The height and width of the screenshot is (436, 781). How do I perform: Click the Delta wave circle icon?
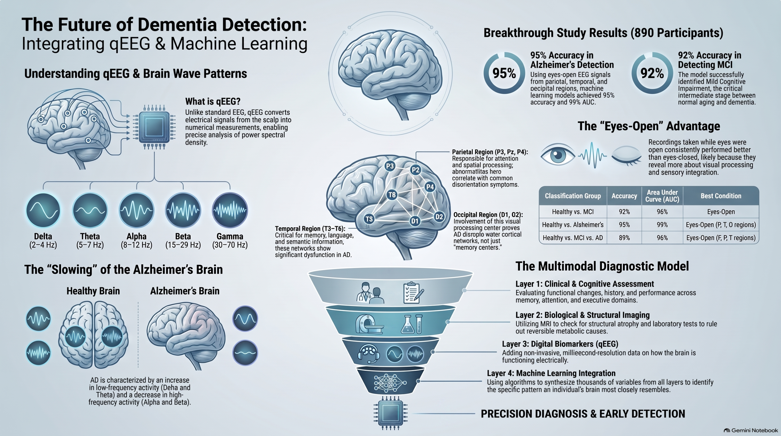(43, 211)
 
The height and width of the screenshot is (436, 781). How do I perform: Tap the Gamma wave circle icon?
(230, 211)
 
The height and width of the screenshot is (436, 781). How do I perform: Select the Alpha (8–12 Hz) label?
(136, 240)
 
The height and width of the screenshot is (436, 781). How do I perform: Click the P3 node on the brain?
(390, 166)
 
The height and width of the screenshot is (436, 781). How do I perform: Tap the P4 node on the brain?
(430, 187)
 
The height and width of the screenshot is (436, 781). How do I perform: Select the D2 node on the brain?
(439, 217)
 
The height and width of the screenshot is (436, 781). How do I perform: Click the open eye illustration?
(558, 156)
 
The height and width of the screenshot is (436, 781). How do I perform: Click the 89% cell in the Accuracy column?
(624, 238)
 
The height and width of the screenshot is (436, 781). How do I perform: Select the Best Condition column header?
(721, 196)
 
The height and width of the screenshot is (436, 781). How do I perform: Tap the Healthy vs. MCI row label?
(573, 212)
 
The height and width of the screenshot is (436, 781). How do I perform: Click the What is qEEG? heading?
(213, 101)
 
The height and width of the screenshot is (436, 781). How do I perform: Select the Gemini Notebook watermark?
(751, 431)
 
